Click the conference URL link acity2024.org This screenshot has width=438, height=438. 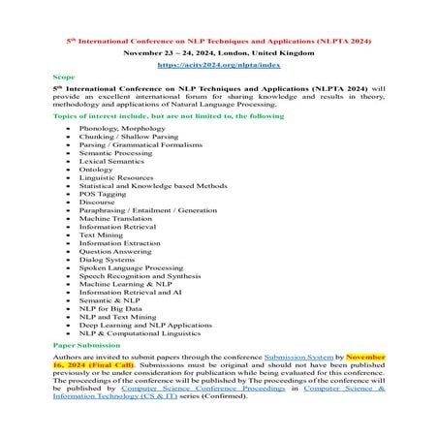[x=218, y=67]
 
